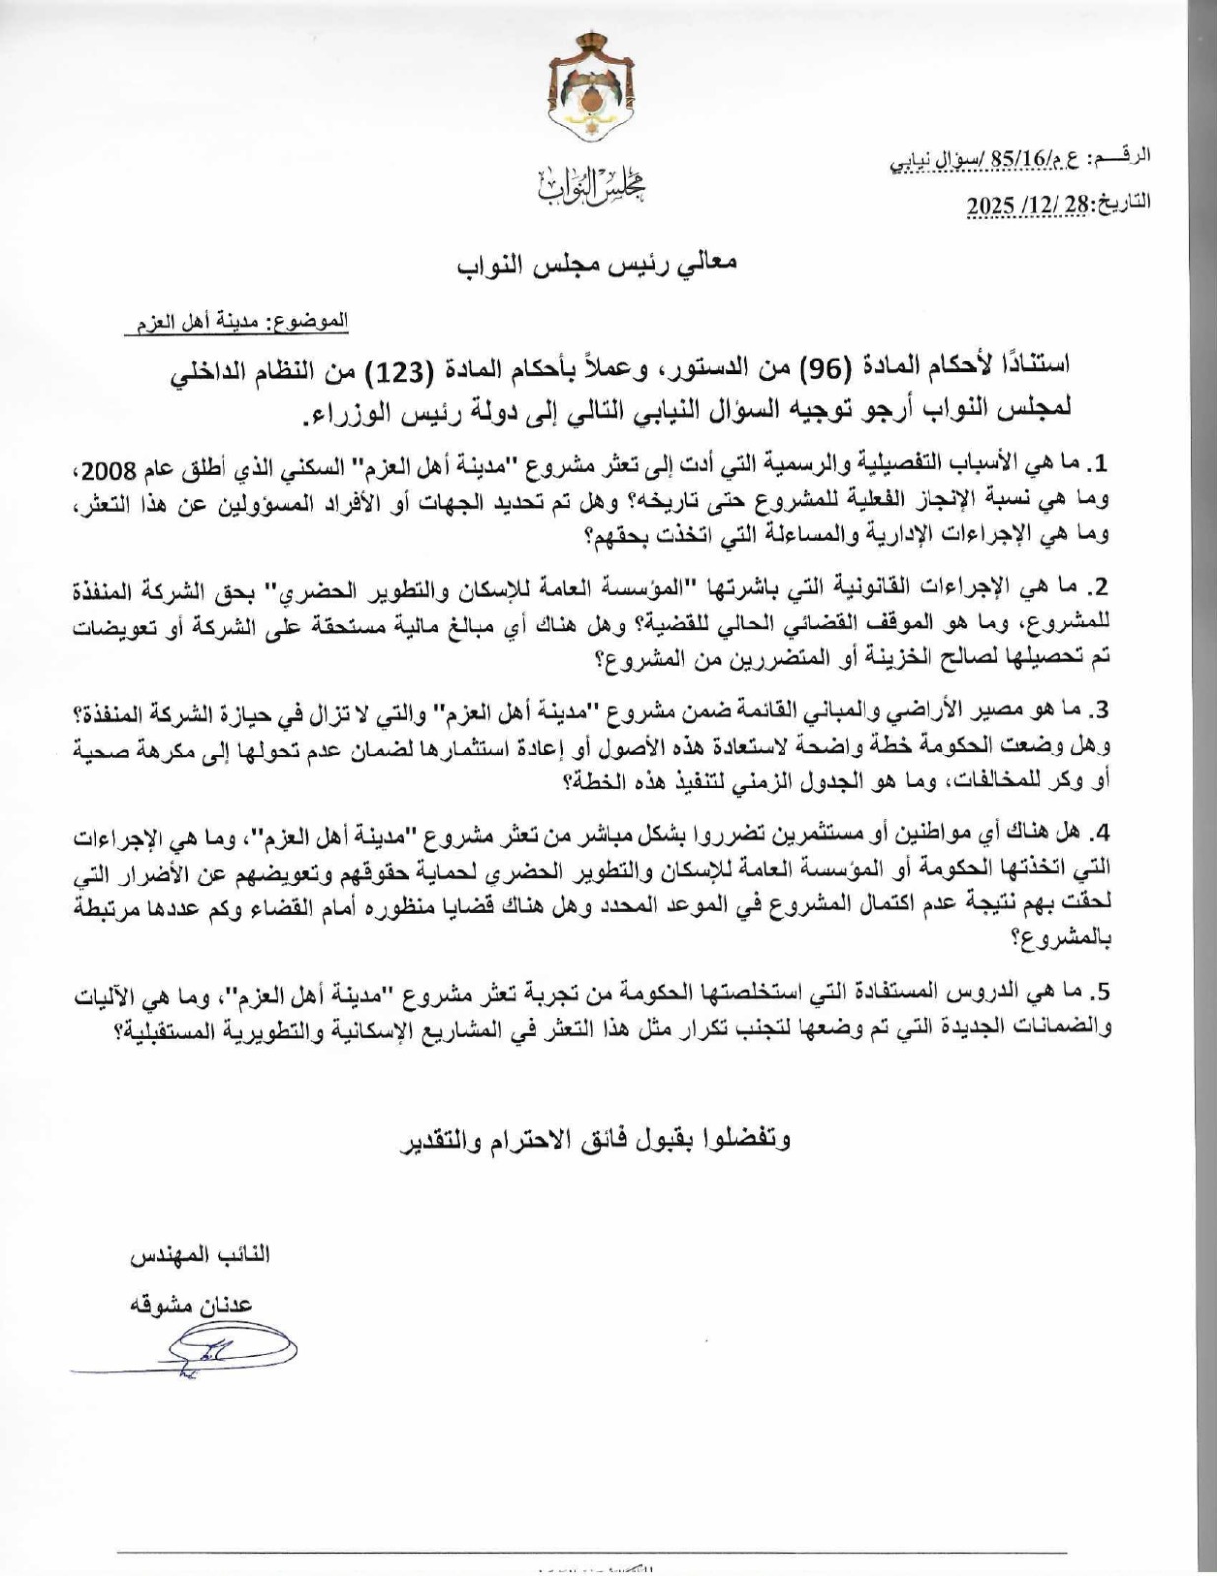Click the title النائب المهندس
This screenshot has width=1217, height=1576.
pos(201,1257)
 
